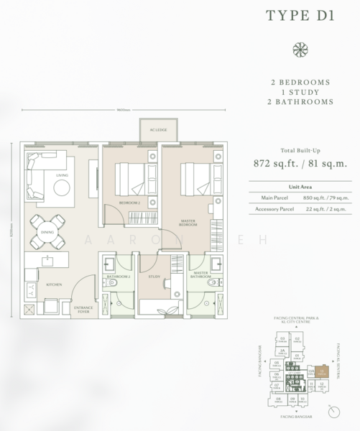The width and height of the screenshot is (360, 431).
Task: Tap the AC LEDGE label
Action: pyautogui.click(x=157, y=129)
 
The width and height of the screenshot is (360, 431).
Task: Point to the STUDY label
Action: pyautogui.click(x=154, y=274)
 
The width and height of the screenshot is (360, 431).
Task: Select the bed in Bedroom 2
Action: pyautogui.click(x=130, y=175)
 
